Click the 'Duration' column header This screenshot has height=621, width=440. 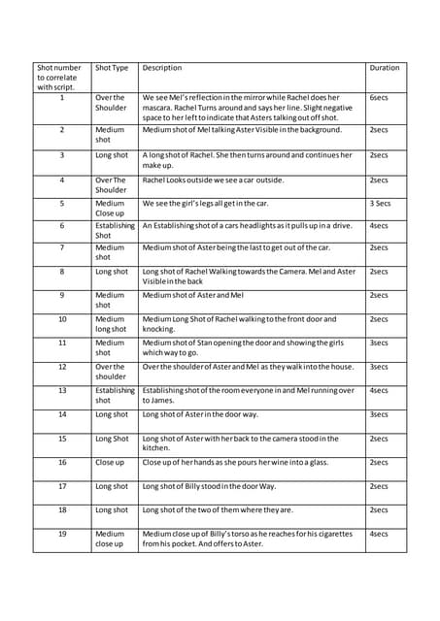click(x=385, y=68)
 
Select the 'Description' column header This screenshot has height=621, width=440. click(x=162, y=68)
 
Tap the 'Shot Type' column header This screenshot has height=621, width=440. click(x=112, y=68)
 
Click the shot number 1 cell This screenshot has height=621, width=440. click(x=61, y=97)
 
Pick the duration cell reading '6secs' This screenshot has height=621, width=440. click(x=379, y=97)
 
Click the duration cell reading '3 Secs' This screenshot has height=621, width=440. click(x=380, y=204)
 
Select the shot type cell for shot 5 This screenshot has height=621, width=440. click(x=110, y=209)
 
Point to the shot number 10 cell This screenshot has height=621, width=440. click(x=61, y=318)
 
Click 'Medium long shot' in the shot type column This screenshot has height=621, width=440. click(x=110, y=323)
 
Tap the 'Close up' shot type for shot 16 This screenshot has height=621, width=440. click(x=109, y=463)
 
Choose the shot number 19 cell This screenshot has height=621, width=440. click(x=61, y=534)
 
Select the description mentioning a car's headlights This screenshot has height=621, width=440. click(x=247, y=225)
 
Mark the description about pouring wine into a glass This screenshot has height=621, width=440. click(x=239, y=463)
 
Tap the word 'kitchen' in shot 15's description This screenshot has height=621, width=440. click(x=159, y=448)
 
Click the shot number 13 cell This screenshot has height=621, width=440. click(x=61, y=390)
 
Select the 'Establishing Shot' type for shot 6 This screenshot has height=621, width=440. click(x=115, y=230)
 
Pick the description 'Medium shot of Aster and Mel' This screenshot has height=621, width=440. click(x=193, y=295)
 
